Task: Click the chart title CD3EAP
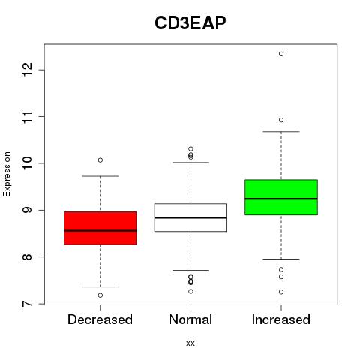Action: coord(190,23)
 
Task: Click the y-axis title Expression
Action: coord(7,174)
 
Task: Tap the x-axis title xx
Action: coord(190,343)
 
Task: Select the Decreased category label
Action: coord(100,319)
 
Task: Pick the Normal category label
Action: coord(190,319)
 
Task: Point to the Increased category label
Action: coord(281,319)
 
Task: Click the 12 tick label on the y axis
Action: coord(28,70)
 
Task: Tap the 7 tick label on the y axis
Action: coord(28,304)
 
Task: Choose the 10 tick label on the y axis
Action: coord(28,163)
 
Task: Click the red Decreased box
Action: coord(100,228)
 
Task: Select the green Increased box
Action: coord(281,197)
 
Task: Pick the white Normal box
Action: coord(190,217)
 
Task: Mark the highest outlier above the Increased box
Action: coord(281,54)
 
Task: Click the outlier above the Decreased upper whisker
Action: coord(100,160)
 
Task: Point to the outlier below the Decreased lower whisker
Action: coord(100,295)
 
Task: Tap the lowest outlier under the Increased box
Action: coord(281,292)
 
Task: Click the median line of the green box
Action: coord(281,199)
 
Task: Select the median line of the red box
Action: coord(100,230)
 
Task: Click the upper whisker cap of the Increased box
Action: coord(281,131)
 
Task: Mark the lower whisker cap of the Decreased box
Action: coord(100,286)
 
